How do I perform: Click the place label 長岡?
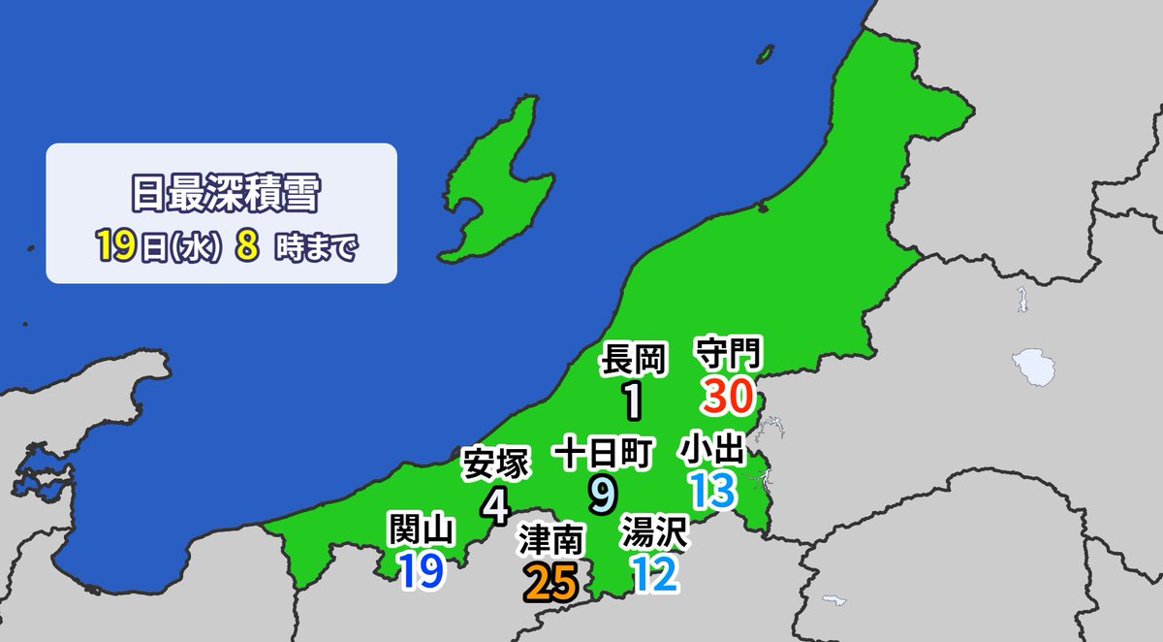click(635, 360)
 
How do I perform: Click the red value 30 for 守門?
click(728, 395)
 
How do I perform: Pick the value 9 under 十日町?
click(601, 492)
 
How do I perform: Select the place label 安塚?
click(495, 465)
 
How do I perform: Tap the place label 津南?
click(550, 541)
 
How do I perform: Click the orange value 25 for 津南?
click(550, 581)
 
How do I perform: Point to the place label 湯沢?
click(654, 533)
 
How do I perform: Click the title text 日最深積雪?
click(222, 193)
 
